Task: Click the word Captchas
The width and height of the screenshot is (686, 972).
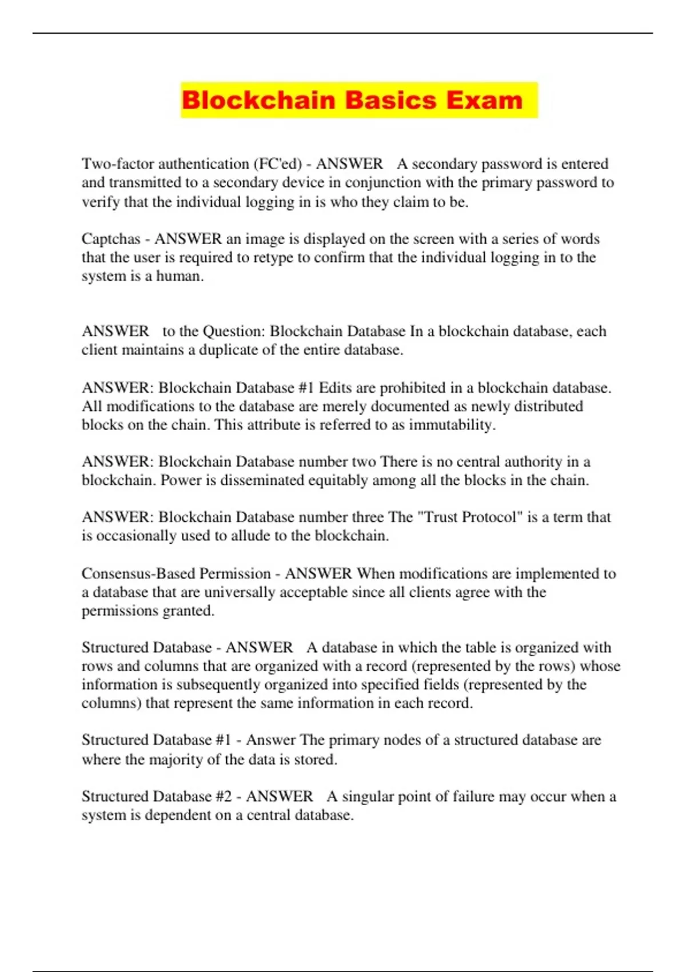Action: tap(111, 238)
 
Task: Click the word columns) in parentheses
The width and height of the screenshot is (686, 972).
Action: tap(111, 703)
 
